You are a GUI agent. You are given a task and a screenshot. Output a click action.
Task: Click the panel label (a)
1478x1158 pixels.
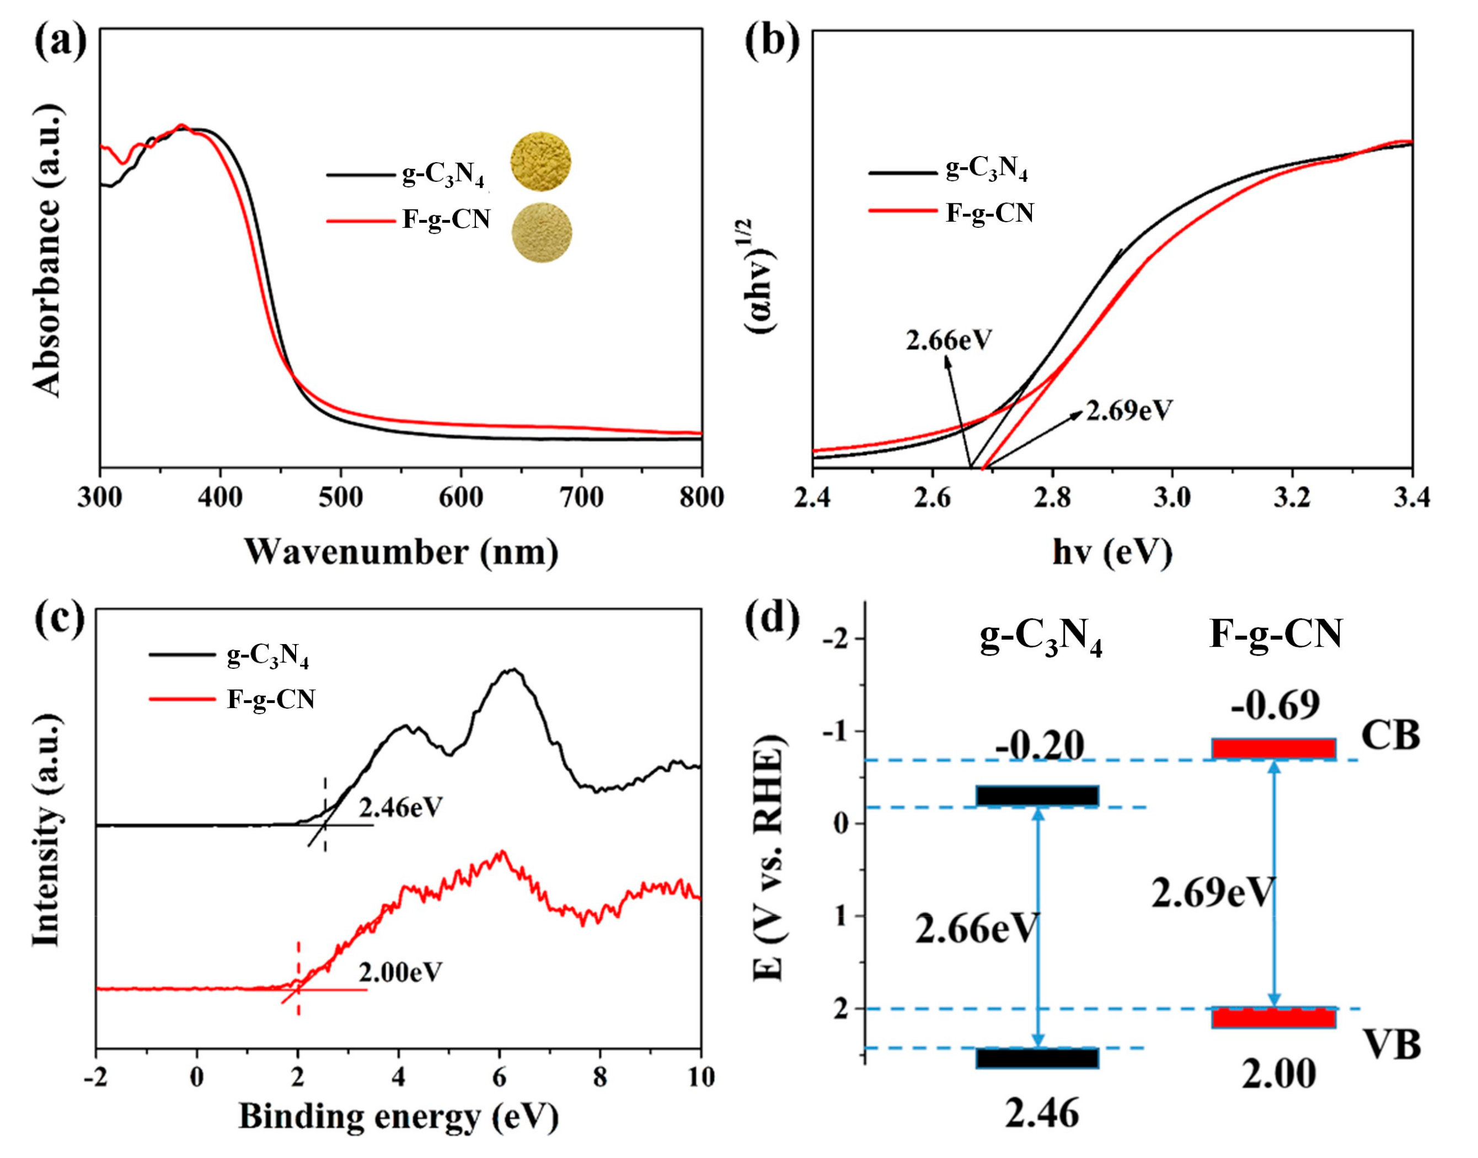click(x=61, y=42)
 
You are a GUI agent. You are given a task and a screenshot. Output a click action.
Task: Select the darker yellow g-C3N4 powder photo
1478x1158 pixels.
click(x=540, y=162)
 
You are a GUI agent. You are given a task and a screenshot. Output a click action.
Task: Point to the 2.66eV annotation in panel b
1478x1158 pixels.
click(x=949, y=340)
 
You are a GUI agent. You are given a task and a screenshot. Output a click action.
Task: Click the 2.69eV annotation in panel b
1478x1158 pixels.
click(x=1129, y=410)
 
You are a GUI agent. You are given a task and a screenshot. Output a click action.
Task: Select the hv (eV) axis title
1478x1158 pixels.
click(x=1112, y=553)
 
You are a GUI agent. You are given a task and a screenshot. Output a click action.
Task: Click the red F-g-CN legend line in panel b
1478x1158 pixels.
click(x=902, y=212)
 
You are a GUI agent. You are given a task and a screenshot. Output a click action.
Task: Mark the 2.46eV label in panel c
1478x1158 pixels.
click(x=401, y=807)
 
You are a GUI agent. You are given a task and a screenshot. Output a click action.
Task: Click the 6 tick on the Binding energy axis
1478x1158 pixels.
click(x=500, y=1076)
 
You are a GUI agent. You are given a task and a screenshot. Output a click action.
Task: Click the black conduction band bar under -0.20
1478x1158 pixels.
click(x=1037, y=795)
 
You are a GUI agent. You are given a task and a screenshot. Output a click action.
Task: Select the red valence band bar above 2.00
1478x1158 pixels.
click(x=1274, y=1017)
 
